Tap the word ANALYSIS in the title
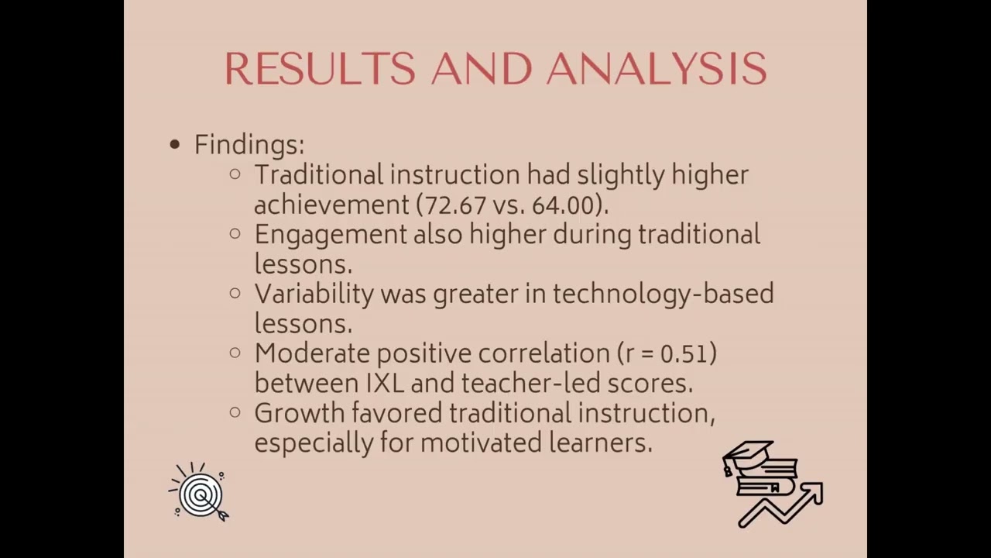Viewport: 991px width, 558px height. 657,69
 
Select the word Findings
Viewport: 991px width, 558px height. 249,145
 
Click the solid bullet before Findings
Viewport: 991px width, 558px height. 175,144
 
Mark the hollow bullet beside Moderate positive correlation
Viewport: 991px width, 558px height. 235,353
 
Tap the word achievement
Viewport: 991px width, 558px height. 331,205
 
